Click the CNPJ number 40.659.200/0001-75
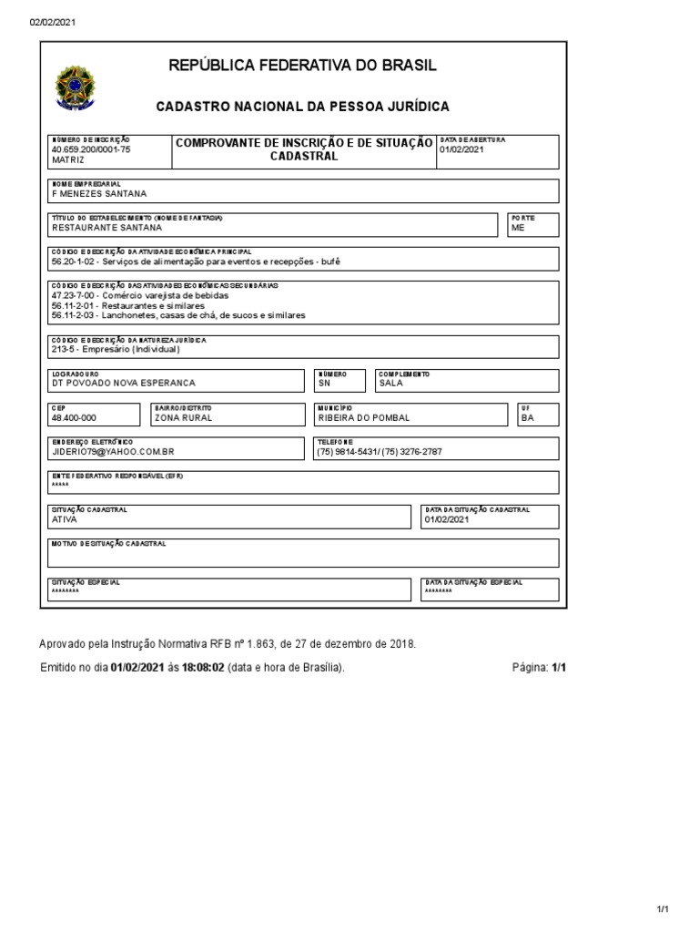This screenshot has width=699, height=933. click(91, 149)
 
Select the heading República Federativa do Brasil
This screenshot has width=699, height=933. click(302, 66)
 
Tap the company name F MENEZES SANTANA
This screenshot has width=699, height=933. click(99, 193)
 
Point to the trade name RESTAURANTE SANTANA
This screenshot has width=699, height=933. click(106, 228)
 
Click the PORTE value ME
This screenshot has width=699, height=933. click(518, 228)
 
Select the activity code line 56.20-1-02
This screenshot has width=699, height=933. click(197, 261)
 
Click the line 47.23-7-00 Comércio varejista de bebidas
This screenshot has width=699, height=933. click(140, 296)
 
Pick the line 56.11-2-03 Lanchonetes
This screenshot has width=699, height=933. click(178, 315)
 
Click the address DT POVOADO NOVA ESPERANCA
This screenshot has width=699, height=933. click(123, 384)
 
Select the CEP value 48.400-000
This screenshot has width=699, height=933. click(74, 417)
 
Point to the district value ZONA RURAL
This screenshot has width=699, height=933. click(183, 417)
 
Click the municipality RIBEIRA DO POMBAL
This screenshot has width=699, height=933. click(363, 417)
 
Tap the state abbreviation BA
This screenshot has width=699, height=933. click(528, 417)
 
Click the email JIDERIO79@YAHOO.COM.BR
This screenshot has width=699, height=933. click(113, 452)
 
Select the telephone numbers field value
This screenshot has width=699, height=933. click(379, 452)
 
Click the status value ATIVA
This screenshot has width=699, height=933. click(65, 520)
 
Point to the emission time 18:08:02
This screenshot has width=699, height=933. click(204, 668)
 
